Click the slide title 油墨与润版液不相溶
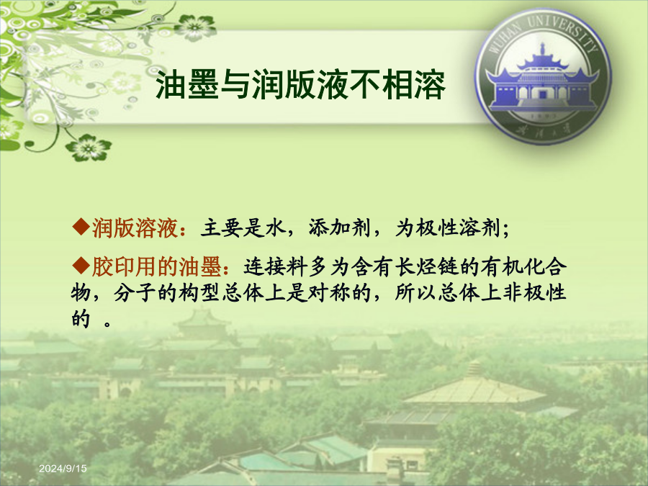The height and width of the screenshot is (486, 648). point(300,85)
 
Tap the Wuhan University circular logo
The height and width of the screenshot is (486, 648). point(543,76)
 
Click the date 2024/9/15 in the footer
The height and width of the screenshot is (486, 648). point(63,468)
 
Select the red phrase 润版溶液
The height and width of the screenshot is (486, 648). point(135,228)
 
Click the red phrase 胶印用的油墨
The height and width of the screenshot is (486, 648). point(156,266)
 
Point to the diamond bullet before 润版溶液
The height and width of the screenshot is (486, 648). point(81,227)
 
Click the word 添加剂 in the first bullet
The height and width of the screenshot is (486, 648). point(339,228)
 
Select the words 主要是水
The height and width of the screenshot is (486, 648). point(243,228)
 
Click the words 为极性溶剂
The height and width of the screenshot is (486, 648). point(448,228)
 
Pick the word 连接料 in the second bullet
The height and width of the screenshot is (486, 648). point(276,266)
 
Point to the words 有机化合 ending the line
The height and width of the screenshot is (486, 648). point(523,266)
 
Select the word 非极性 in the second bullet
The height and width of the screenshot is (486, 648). point(534,293)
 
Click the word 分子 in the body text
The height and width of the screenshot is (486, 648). point(135,293)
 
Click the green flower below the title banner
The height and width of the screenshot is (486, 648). point(89,148)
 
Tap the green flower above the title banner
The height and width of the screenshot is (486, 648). point(195,27)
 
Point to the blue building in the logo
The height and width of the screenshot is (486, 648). point(542,83)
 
